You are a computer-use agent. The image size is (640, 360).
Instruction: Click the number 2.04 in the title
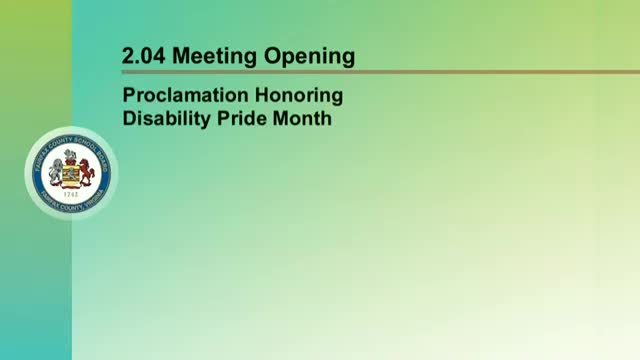point(144,57)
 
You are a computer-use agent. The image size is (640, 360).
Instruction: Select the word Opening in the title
point(310,57)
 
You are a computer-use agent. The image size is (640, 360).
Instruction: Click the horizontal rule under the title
point(380,72)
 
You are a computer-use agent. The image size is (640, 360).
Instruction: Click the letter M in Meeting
point(182,57)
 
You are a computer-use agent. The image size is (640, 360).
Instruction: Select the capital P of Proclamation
point(127,97)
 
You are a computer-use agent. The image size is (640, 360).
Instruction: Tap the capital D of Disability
point(128,118)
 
